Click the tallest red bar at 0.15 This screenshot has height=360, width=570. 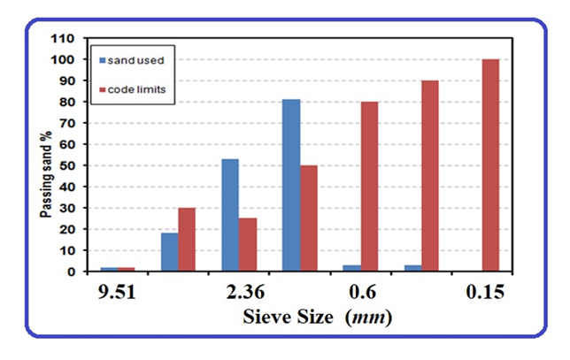pyautogui.click(x=490, y=165)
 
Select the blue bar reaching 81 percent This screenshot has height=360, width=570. pyautogui.click(x=291, y=185)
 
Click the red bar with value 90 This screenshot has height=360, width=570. pyautogui.click(x=429, y=175)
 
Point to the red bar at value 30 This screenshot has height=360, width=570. pyautogui.click(x=186, y=239)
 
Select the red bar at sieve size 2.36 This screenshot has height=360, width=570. pyautogui.click(x=248, y=244)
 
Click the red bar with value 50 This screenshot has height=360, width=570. pyautogui.click(x=310, y=218)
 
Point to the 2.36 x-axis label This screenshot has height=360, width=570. pyautogui.click(x=239, y=290)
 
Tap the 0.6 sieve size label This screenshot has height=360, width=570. pyautogui.click(x=362, y=290)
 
